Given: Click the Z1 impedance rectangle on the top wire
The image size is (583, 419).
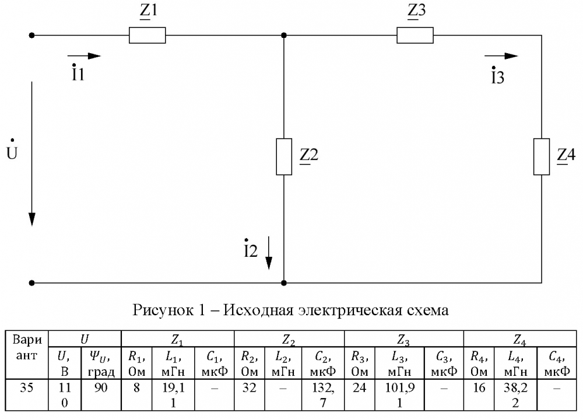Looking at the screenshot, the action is pyautogui.click(x=147, y=36).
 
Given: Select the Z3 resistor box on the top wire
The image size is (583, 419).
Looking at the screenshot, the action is pyautogui.click(x=415, y=36).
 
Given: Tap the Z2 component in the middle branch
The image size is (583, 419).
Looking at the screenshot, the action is pyautogui.click(x=283, y=156).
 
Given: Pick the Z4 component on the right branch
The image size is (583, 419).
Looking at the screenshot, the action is pyautogui.click(x=542, y=156).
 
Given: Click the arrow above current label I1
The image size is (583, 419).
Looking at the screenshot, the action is pyautogui.click(x=87, y=56).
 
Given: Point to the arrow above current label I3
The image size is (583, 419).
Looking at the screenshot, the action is pyautogui.click(x=502, y=56).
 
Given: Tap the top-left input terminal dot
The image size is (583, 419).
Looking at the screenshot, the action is pyautogui.click(x=32, y=36).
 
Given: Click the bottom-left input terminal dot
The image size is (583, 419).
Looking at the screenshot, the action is pyautogui.click(x=32, y=283).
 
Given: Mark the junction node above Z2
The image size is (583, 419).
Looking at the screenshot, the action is pyautogui.click(x=283, y=36).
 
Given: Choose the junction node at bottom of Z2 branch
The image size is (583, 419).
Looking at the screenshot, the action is pyautogui.click(x=283, y=283).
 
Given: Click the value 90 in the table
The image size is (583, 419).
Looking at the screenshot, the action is pyautogui.click(x=101, y=387).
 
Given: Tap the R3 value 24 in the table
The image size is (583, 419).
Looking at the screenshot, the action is pyautogui.click(x=360, y=387).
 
